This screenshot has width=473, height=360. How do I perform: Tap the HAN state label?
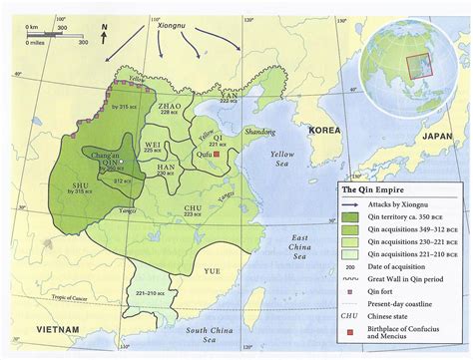pos(167,167)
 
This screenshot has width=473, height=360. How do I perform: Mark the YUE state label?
pos(213,270)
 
